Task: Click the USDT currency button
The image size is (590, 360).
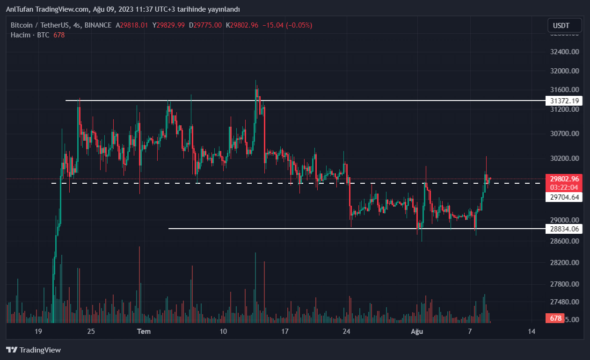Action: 565,25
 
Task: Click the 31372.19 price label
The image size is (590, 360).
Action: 565,101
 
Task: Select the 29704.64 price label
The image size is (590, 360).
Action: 565,197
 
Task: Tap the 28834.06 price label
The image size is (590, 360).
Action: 565,229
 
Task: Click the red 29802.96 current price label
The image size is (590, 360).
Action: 565,179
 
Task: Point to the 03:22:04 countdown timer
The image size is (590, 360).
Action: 565,187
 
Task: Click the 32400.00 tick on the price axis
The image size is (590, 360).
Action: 565,51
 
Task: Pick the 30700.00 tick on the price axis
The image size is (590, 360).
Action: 565,133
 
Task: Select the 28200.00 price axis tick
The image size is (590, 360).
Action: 565,263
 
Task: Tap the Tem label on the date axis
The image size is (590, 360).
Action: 144,331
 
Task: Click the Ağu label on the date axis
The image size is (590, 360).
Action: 416,331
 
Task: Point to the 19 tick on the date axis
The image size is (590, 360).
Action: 38,331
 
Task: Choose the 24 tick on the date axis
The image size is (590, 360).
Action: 346,331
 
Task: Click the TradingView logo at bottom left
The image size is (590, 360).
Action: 33,350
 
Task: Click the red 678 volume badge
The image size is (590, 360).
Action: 555,318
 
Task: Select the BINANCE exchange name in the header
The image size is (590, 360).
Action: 98,25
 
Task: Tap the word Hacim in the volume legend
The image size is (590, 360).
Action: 21,35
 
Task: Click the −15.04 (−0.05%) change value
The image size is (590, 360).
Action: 288,25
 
